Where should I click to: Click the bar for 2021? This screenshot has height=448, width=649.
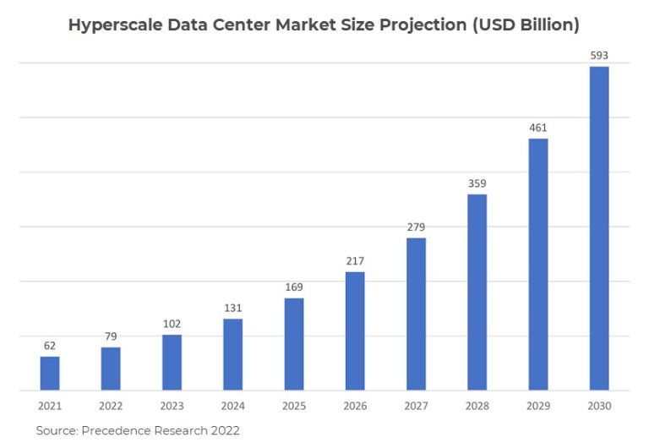click(50, 374)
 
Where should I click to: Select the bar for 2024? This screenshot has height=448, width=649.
click(233, 355)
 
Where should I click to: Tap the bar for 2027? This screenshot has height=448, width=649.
click(416, 314)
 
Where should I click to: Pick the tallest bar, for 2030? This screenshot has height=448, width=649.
click(599, 228)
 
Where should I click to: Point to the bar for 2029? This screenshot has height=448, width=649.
click(538, 265)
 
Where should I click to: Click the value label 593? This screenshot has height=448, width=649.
click(599, 56)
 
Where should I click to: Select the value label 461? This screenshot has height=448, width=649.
click(538, 128)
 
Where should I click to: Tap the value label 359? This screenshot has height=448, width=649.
click(477, 183)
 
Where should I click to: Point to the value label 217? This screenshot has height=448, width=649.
click(355, 260)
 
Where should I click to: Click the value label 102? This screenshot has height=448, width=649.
click(172, 324)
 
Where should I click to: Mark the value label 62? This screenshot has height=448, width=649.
click(50, 346)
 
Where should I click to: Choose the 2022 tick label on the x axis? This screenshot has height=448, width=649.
click(111, 407)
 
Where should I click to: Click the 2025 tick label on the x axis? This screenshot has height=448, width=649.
click(294, 407)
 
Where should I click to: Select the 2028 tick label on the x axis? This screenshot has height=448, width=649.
click(477, 407)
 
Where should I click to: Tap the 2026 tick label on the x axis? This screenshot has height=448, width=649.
click(355, 407)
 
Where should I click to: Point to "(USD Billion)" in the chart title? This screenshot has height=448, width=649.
click(524, 25)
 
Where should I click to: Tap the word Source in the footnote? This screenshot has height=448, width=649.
click(55, 431)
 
